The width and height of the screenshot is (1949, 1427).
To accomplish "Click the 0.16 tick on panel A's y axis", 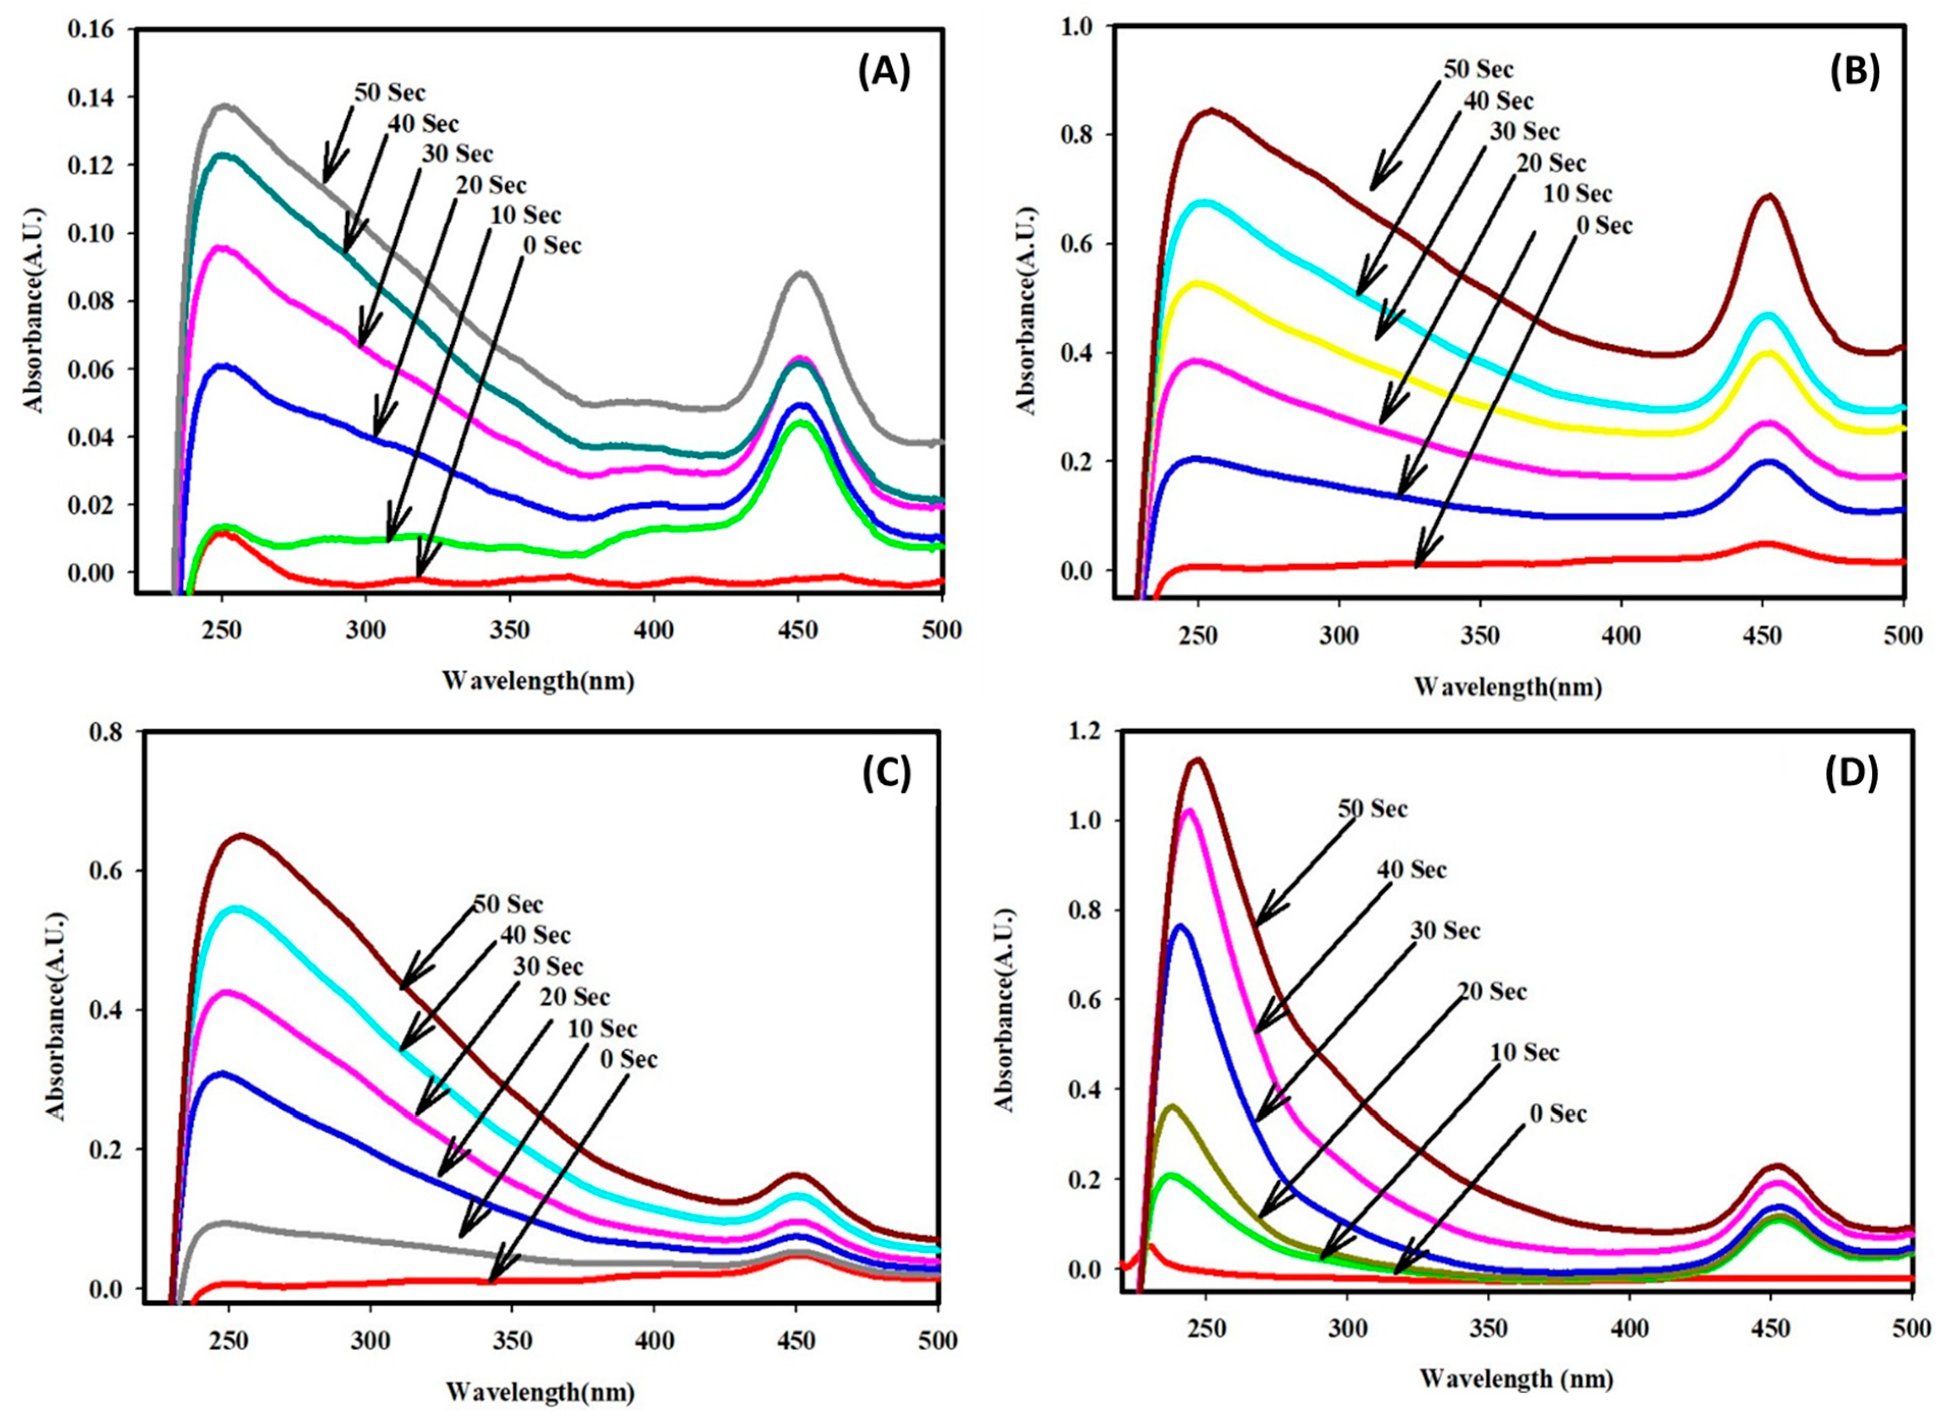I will click(x=97, y=30).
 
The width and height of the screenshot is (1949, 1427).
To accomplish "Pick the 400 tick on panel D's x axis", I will click(x=1630, y=1352).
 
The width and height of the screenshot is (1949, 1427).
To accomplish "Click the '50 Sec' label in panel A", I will click(x=390, y=92).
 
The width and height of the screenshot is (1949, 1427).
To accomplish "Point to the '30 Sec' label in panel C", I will click(x=547, y=966).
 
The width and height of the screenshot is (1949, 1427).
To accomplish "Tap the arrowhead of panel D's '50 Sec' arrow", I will click(x=1259, y=922).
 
